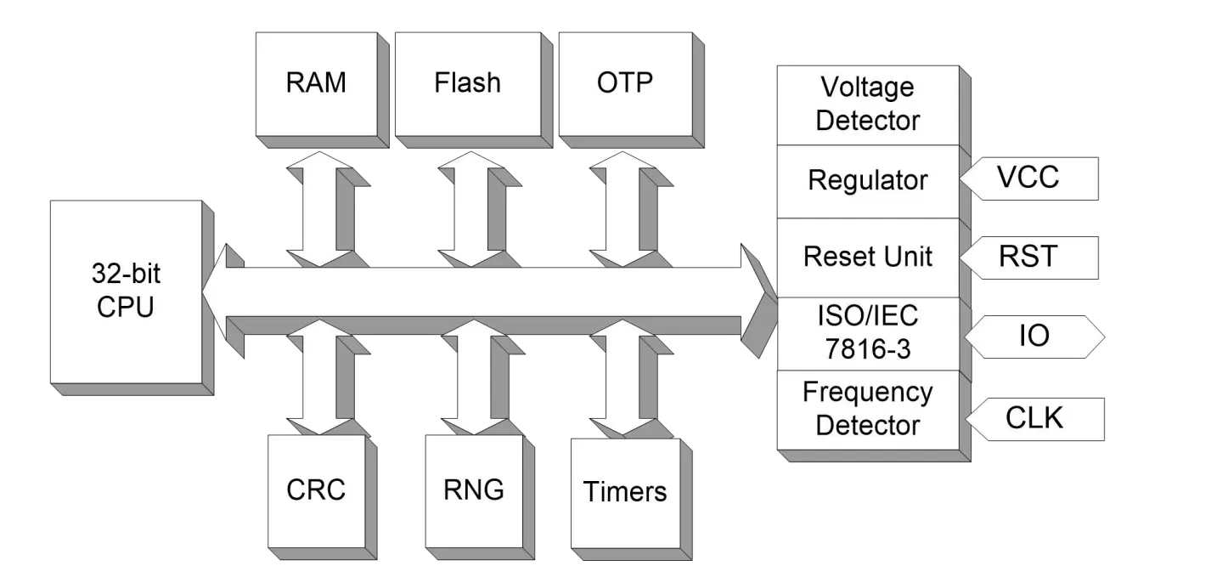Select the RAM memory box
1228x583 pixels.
pos(315,83)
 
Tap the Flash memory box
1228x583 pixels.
pos(467,83)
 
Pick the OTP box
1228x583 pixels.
pos(624,83)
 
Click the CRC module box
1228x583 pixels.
pos(316,490)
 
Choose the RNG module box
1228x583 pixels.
pos(473,490)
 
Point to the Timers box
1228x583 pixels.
pos(624,492)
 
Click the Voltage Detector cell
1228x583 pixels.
pos(867,104)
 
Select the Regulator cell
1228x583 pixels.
pos(867,180)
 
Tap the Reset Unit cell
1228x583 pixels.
pos(867,257)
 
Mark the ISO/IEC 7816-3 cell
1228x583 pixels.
pos(867,332)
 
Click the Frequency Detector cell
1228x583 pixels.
pos(867,409)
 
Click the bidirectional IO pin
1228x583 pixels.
pos(1034,337)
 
